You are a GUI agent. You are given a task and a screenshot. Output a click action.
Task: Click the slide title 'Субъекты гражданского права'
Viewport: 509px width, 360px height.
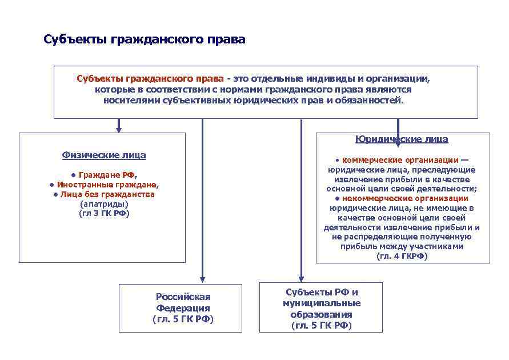click(145, 40)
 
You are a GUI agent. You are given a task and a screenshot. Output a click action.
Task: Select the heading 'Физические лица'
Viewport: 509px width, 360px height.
click(103, 155)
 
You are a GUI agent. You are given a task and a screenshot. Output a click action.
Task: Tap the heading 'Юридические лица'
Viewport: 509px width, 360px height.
click(402, 139)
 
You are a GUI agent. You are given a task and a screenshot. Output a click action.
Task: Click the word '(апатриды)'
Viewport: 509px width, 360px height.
click(104, 204)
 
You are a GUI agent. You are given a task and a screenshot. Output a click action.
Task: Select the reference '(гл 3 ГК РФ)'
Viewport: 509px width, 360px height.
click(104, 213)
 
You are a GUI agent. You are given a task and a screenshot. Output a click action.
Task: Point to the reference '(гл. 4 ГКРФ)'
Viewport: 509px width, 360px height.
click(402, 257)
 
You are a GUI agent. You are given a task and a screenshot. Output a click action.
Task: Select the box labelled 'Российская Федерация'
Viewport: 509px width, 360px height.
click(183, 307)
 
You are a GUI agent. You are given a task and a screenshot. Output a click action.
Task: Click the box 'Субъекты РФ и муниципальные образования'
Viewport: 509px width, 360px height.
click(321, 308)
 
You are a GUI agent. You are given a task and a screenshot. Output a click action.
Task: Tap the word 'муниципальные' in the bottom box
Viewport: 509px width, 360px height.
click(322, 303)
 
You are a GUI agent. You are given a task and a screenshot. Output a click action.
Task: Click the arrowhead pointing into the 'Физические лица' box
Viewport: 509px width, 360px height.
click(119, 129)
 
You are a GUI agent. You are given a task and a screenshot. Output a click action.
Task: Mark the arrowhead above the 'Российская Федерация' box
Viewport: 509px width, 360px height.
click(202, 279)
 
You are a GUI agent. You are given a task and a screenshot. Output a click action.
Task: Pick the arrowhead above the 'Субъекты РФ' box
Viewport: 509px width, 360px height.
click(301, 278)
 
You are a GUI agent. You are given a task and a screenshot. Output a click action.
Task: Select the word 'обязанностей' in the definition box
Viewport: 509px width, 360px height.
click(374, 100)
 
